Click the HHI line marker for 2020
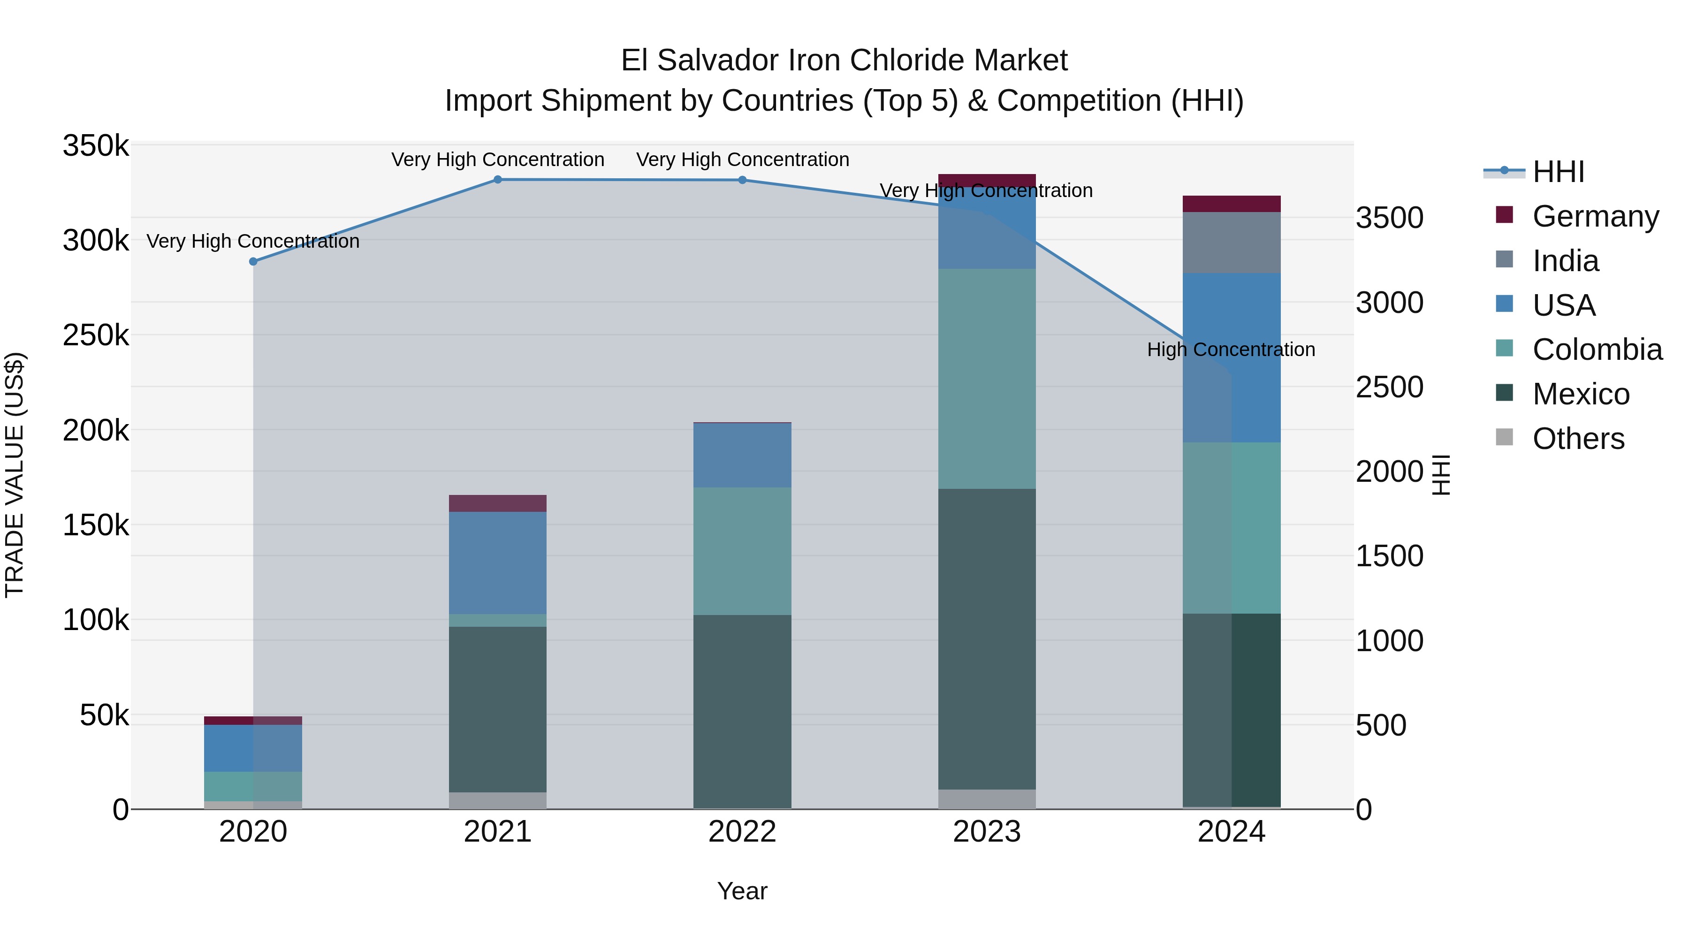pyautogui.click(x=253, y=262)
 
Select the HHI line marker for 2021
pyautogui.click(x=498, y=180)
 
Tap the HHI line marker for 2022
pyautogui.click(x=742, y=180)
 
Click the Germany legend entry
pyautogui.click(x=1595, y=216)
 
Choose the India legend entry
pyautogui.click(x=1565, y=261)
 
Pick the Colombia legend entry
pyautogui.click(x=1597, y=350)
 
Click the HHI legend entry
pyautogui.click(x=1558, y=172)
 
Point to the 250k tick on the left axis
pyautogui.click(x=96, y=336)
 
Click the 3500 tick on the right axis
pyautogui.click(x=1389, y=218)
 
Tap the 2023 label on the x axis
pyautogui.click(x=987, y=832)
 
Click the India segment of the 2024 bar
pyautogui.click(x=1232, y=243)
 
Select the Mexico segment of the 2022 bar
pyautogui.click(x=742, y=711)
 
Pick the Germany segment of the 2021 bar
pyautogui.click(x=498, y=503)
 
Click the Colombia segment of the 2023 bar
pyautogui.click(x=987, y=378)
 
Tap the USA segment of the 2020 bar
pyautogui.click(x=253, y=748)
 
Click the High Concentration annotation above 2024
pyautogui.click(x=1231, y=350)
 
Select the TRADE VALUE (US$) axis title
pyautogui.click(x=15, y=475)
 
